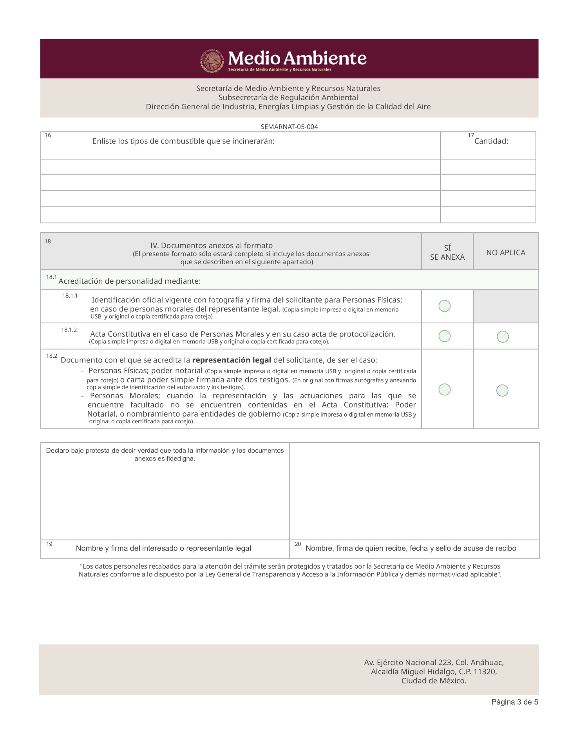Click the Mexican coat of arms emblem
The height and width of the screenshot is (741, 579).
[x=212, y=60]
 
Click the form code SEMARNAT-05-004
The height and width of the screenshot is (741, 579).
[x=289, y=127]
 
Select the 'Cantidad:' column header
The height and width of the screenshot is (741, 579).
[x=491, y=141]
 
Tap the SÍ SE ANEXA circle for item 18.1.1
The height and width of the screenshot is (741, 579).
[x=444, y=306]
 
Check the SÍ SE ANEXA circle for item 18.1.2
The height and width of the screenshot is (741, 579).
[x=444, y=336]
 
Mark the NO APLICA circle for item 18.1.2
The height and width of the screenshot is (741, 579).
[x=503, y=337]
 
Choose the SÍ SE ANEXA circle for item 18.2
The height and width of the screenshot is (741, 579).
[x=444, y=390]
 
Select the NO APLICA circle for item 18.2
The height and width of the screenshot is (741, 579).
[x=502, y=390]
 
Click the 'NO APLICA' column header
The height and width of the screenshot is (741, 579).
[x=505, y=253]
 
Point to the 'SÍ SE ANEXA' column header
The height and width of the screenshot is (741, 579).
[x=447, y=253]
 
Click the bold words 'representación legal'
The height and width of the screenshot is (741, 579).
[x=232, y=360]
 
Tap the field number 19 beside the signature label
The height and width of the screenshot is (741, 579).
[x=49, y=544]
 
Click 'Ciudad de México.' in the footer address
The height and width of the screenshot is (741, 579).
[x=434, y=681]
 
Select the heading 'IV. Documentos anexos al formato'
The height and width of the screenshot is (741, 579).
[x=211, y=246]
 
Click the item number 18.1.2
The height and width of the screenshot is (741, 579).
[x=69, y=330]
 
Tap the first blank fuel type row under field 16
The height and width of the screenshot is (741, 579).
[x=240, y=167]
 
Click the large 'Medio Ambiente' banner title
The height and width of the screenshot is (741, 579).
[x=297, y=58]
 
